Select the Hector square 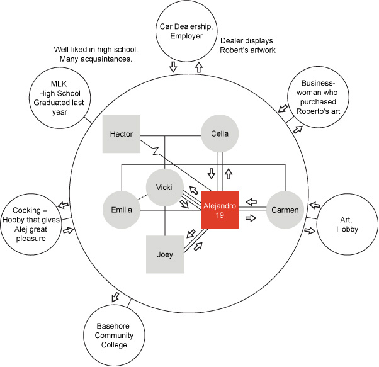pos(121,133)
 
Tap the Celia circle pos(220,133)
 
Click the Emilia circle pos(122,210)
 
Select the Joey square pos(165,255)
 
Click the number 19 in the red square pos(218,216)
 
